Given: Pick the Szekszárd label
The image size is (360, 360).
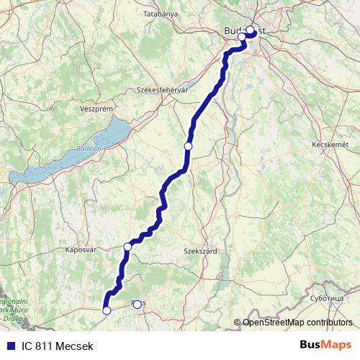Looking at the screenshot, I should coord(201,251).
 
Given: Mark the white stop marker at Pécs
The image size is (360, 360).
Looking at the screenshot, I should coord(137,304).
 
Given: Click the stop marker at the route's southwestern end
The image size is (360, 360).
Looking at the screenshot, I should coord(107,310).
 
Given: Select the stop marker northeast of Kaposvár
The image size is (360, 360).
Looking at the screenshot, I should coord(127,247).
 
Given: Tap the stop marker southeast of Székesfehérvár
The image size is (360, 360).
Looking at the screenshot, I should coord(188,146).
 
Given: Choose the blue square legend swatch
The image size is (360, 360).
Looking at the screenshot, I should coord(9,346).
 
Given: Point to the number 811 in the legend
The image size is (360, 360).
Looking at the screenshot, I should coord(45,346).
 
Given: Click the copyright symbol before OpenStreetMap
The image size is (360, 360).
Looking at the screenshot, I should coord(237,323).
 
